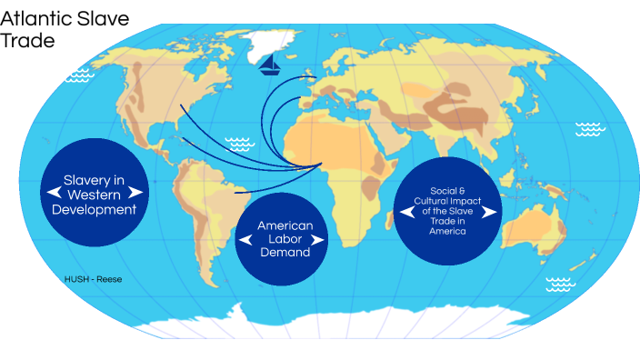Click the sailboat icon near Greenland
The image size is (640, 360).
coord(269,63)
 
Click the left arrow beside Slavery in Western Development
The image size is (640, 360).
coord(54,193)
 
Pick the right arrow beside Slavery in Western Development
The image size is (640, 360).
coord(136,193)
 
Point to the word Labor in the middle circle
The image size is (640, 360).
coord(285,239)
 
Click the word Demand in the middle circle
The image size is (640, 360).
coord(285,253)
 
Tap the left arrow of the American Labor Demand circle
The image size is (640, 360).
coord(245,239)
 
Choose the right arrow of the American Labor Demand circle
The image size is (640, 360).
coord(319,239)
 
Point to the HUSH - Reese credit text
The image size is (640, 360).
coord(93,279)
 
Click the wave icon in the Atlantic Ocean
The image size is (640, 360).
coord(240,143)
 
